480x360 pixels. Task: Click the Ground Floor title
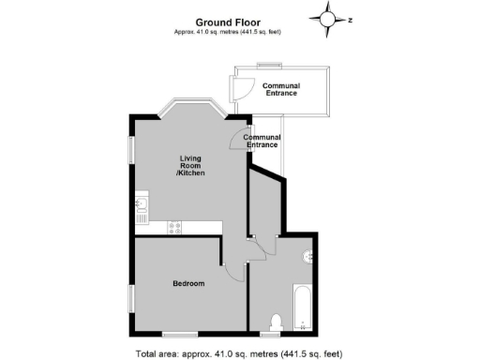[x=228, y=22]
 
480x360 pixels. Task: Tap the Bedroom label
[x=189, y=283]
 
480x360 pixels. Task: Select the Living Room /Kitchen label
[x=190, y=166]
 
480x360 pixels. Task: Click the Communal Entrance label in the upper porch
[x=281, y=90]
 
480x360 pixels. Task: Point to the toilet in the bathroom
[x=274, y=322]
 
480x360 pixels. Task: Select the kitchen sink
[x=142, y=203]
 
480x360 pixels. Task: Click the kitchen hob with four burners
[x=173, y=226]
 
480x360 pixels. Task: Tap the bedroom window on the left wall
[x=132, y=296]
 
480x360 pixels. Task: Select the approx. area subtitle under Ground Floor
[x=228, y=32]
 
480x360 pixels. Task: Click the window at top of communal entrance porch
[x=273, y=65]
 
